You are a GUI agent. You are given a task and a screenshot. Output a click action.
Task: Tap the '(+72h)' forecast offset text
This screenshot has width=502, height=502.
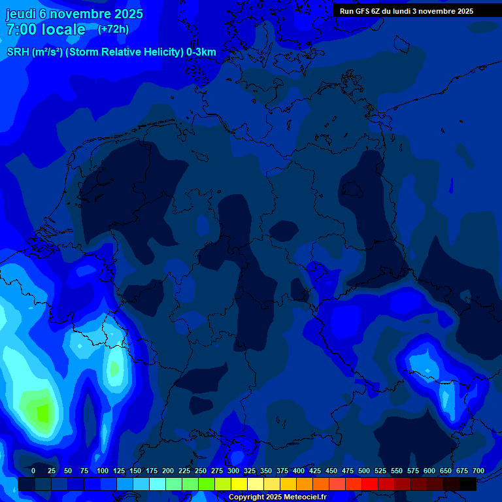tap(113, 29)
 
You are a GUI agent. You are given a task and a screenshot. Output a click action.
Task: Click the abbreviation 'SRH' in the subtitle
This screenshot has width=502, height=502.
tap(18, 52)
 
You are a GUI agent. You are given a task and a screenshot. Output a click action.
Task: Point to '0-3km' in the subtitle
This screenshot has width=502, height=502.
tap(201, 52)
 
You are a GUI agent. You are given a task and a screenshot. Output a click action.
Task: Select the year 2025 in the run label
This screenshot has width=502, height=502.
tap(462, 11)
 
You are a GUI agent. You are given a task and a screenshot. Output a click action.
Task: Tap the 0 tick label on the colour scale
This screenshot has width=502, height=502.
tap(33, 471)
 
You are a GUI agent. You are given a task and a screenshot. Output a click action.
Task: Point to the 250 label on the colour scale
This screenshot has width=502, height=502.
tap(201, 471)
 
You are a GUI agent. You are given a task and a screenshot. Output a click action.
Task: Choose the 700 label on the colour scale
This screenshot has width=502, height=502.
tap(478, 471)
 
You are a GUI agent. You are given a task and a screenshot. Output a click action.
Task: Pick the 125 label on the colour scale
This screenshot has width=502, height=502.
tap(119, 471)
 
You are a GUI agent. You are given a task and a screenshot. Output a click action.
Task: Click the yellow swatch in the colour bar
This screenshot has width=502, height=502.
tap(239, 484)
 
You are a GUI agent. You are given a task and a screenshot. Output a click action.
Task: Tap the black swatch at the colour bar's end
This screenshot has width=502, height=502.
tap(468, 484)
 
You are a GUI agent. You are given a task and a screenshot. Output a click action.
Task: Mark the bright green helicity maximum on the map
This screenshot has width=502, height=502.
tap(42, 413)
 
